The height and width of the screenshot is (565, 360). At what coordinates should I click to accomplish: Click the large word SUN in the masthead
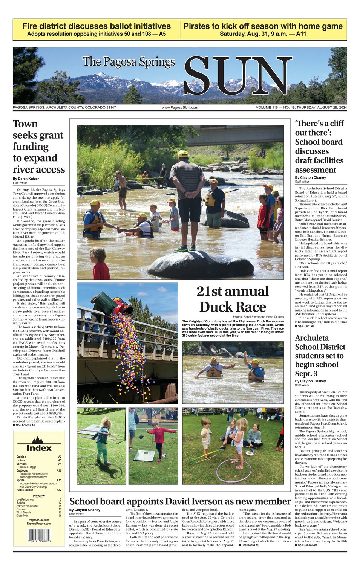point(237,76)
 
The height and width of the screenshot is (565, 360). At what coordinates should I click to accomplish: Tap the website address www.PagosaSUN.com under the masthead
point(180,108)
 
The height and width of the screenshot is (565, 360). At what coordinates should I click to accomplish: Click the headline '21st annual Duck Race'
point(232,299)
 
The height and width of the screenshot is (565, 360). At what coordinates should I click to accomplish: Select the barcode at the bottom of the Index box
point(39,536)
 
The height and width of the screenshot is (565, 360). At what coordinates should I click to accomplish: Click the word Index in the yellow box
point(39,448)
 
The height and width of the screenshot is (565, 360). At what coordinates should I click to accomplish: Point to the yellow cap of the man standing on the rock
point(183,154)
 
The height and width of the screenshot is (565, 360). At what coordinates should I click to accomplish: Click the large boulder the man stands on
point(201,264)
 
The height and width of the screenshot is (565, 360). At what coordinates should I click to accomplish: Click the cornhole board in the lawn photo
point(144,456)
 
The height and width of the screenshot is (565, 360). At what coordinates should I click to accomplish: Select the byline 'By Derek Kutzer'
point(26,179)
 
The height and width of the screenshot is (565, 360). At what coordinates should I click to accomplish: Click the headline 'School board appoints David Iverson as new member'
point(180,501)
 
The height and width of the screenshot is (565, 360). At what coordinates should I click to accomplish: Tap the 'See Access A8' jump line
point(24,425)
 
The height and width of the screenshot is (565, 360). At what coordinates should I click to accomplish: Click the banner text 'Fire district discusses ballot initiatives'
point(97,26)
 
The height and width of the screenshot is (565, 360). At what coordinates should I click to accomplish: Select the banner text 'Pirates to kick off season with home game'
point(263,26)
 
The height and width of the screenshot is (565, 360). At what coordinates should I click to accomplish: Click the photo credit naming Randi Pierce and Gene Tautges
point(258,317)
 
